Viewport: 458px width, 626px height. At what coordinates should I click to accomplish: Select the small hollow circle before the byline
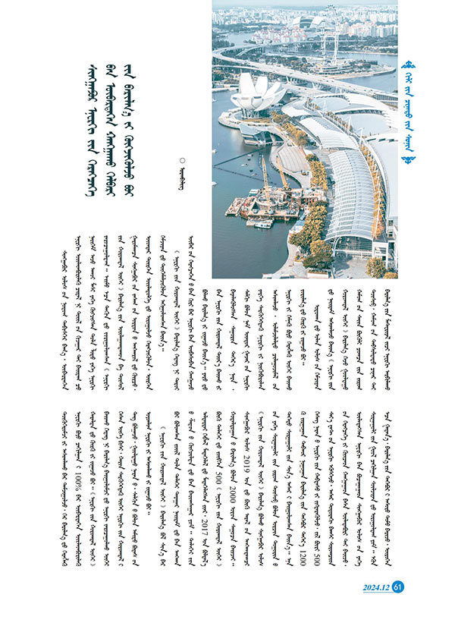click(x=180, y=159)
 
